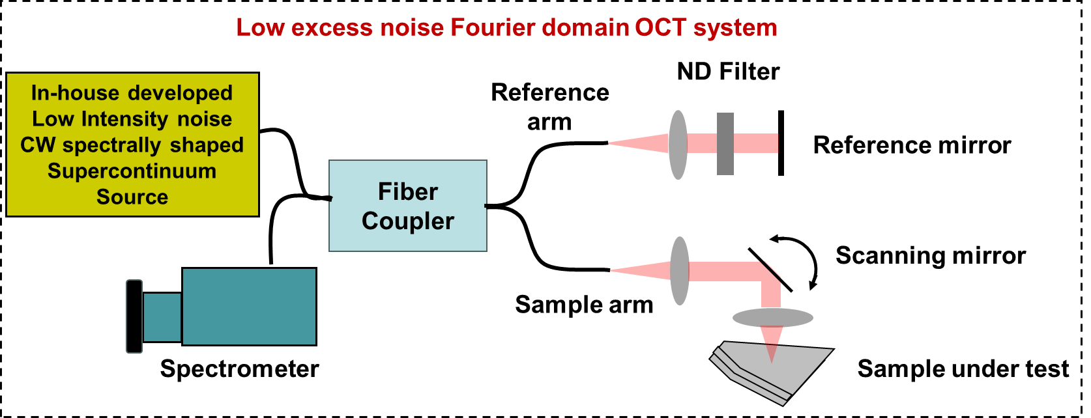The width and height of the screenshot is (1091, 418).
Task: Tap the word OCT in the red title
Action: click(660, 28)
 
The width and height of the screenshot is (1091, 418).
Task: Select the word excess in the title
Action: click(332, 28)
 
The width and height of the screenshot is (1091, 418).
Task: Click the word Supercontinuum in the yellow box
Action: click(132, 171)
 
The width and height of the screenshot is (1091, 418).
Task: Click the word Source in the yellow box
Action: click(132, 197)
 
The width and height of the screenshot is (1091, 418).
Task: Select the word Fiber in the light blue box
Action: click(408, 192)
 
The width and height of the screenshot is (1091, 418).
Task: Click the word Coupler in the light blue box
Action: click(408, 221)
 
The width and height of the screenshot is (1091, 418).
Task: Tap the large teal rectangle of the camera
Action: click(249, 307)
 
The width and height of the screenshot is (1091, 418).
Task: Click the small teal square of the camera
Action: click(162, 317)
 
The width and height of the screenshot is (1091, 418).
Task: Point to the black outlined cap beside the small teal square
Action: click(134, 316)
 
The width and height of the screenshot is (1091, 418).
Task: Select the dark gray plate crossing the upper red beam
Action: click(725, 144)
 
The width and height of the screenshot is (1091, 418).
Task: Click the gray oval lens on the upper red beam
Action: click(678, 145)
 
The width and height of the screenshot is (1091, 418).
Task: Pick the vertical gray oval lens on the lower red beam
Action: click(680, 271)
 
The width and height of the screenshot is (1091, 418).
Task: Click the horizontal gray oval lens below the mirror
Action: click(773, 318)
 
